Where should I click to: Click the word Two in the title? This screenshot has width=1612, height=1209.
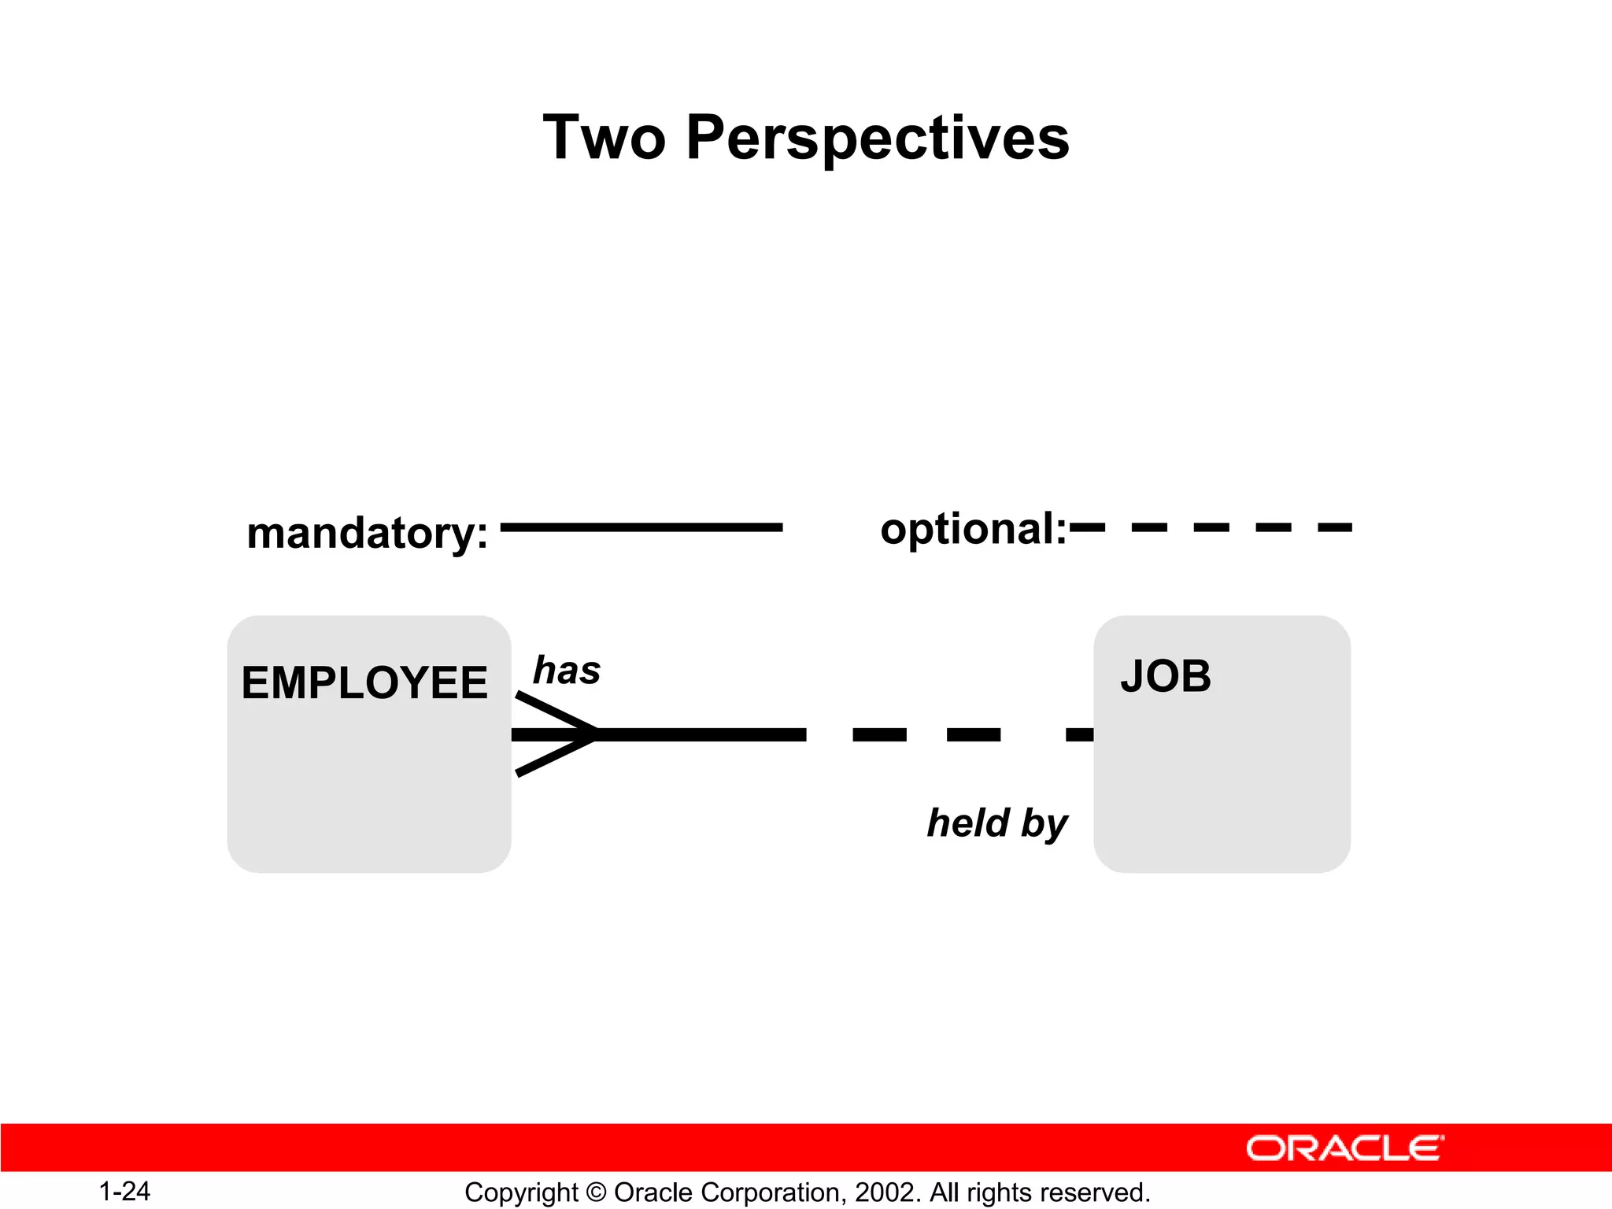604,138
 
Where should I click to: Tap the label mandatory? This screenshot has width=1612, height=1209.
367,533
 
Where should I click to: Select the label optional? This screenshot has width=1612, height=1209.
973,528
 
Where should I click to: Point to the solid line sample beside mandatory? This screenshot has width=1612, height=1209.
641,527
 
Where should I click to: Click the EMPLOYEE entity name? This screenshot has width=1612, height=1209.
364,682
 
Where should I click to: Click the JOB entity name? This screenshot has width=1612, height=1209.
1166,676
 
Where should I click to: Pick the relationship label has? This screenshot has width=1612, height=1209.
567,671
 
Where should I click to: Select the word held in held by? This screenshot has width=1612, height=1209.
968,823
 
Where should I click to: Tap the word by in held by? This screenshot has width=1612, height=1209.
1044,824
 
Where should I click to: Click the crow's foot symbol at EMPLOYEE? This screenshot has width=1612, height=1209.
554,734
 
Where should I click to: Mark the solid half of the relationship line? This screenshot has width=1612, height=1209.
701,734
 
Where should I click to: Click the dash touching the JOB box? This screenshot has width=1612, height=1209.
1079,734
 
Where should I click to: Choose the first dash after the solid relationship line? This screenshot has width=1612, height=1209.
879,734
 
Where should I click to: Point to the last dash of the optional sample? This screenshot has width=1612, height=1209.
1335,527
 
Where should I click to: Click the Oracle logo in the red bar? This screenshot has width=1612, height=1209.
1344,1148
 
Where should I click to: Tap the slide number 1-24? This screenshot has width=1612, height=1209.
124,1192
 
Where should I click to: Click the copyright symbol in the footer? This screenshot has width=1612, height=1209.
596,1192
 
